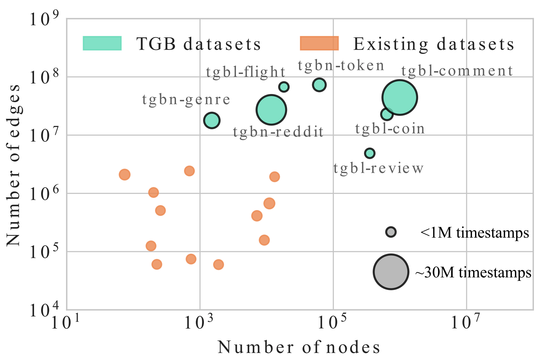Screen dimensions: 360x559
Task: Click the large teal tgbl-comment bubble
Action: click(x=399, y=97)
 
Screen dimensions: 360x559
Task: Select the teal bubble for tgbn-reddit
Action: click(x=271, y=110)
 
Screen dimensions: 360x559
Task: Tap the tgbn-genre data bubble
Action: click(x=212, y=121)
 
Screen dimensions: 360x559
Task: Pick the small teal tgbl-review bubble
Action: click(x=370, y=153)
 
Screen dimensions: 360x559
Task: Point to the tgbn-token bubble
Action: click(x=319, y=85)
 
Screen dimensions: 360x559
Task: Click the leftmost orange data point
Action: click(x=124, y=175)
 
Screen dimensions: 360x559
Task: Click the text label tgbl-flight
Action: click(x=245, y=72)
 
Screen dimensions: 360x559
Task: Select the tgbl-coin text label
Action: click(x=390, y=129)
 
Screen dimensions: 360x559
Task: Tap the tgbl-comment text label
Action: click(x=457, y=71)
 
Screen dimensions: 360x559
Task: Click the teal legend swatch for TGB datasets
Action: click(x=102, y=44)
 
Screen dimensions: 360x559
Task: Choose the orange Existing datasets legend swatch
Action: click(x=319, y=44)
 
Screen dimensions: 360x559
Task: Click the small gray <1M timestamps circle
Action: click(x=391, y=232)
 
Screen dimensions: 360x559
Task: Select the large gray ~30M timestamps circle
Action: click(x=391, y=272)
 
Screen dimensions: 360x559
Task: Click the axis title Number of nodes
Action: click(x=299, y=347)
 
